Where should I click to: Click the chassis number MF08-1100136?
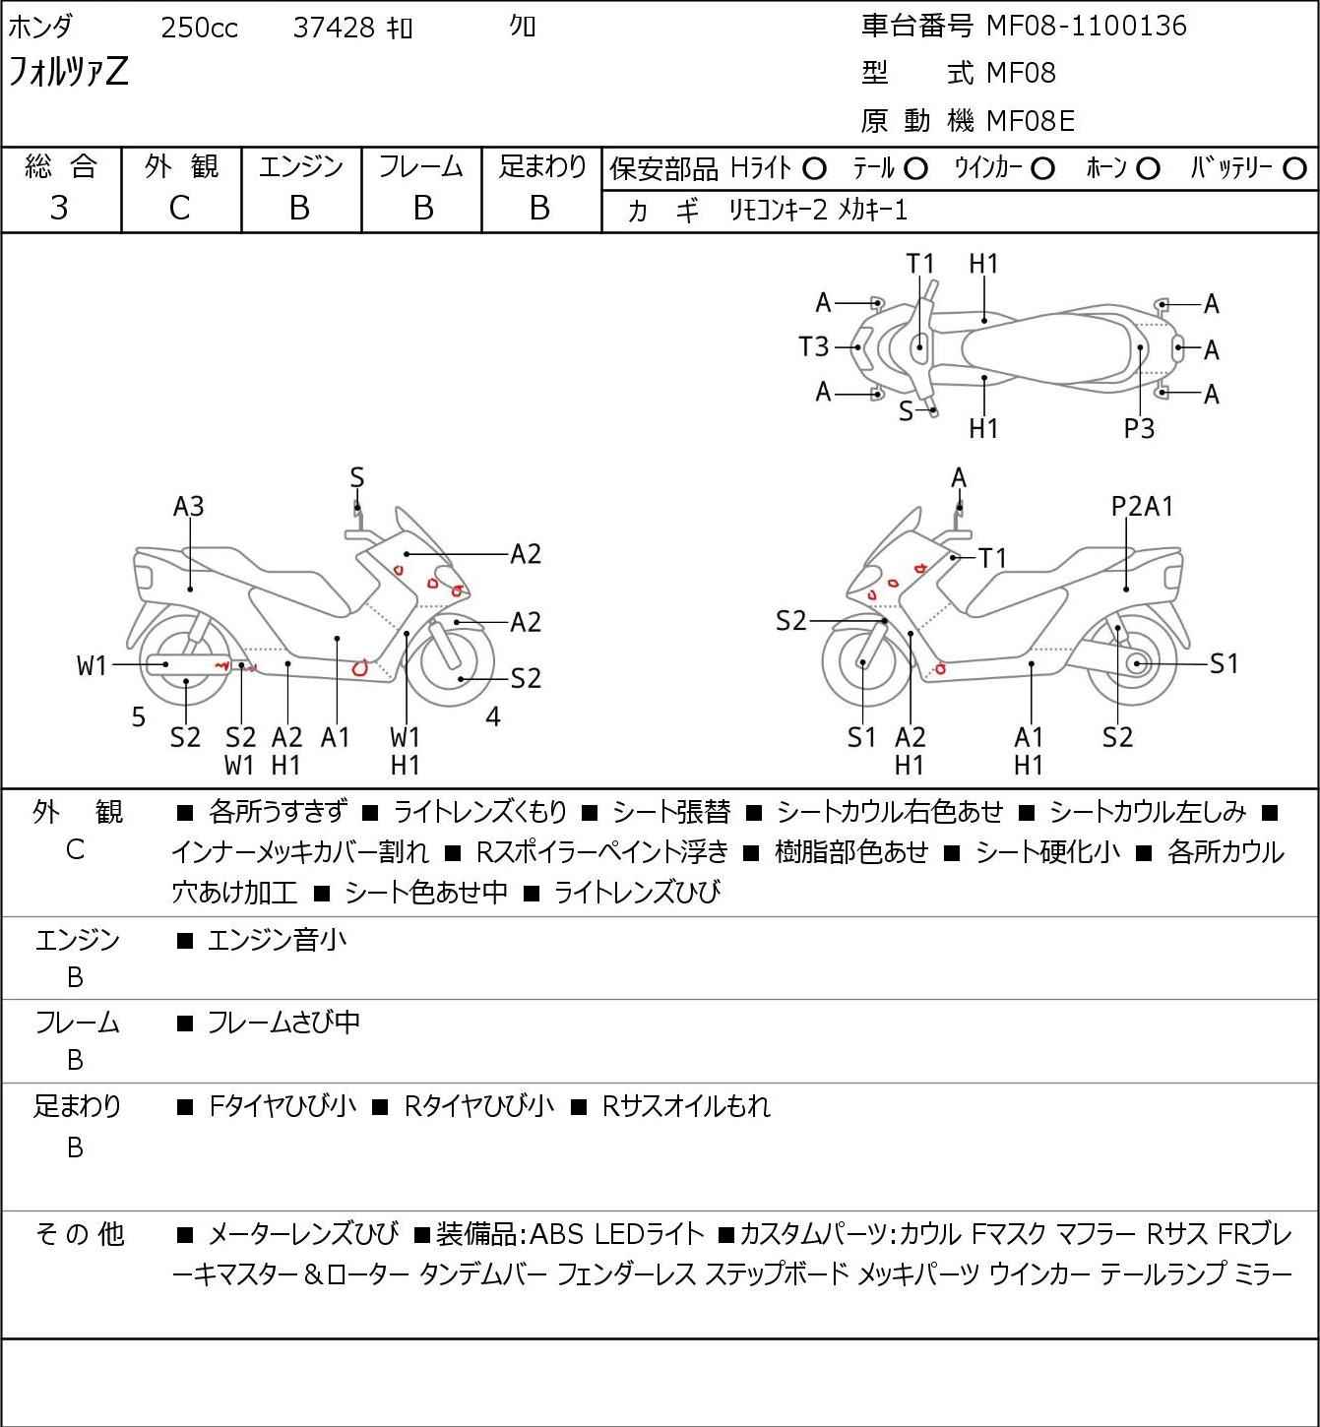(1086, 26)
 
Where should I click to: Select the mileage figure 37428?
(334, 28)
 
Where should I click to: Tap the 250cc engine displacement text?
(199, 28)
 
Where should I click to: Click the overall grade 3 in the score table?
(59, 209)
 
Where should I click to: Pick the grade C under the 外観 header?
(179, 209)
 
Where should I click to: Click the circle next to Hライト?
(814, 169)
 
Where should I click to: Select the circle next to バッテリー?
(1294, 169)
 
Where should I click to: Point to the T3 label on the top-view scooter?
(814, 347)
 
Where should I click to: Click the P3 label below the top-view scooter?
(1139, 429)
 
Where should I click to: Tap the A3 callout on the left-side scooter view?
(188, 507)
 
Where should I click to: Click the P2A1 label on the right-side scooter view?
(1142, 507)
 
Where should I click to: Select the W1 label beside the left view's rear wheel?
(92, 666)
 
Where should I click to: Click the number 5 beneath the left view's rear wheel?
(139, 716)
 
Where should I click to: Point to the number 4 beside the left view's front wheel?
(493, 716)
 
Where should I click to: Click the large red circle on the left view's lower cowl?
(360, 668)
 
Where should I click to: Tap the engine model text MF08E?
(1031, 121)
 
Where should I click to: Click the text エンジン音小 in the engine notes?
(277, 940)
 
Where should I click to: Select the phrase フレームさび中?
(283, 1023)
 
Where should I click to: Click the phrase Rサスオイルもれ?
(686, 1106)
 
